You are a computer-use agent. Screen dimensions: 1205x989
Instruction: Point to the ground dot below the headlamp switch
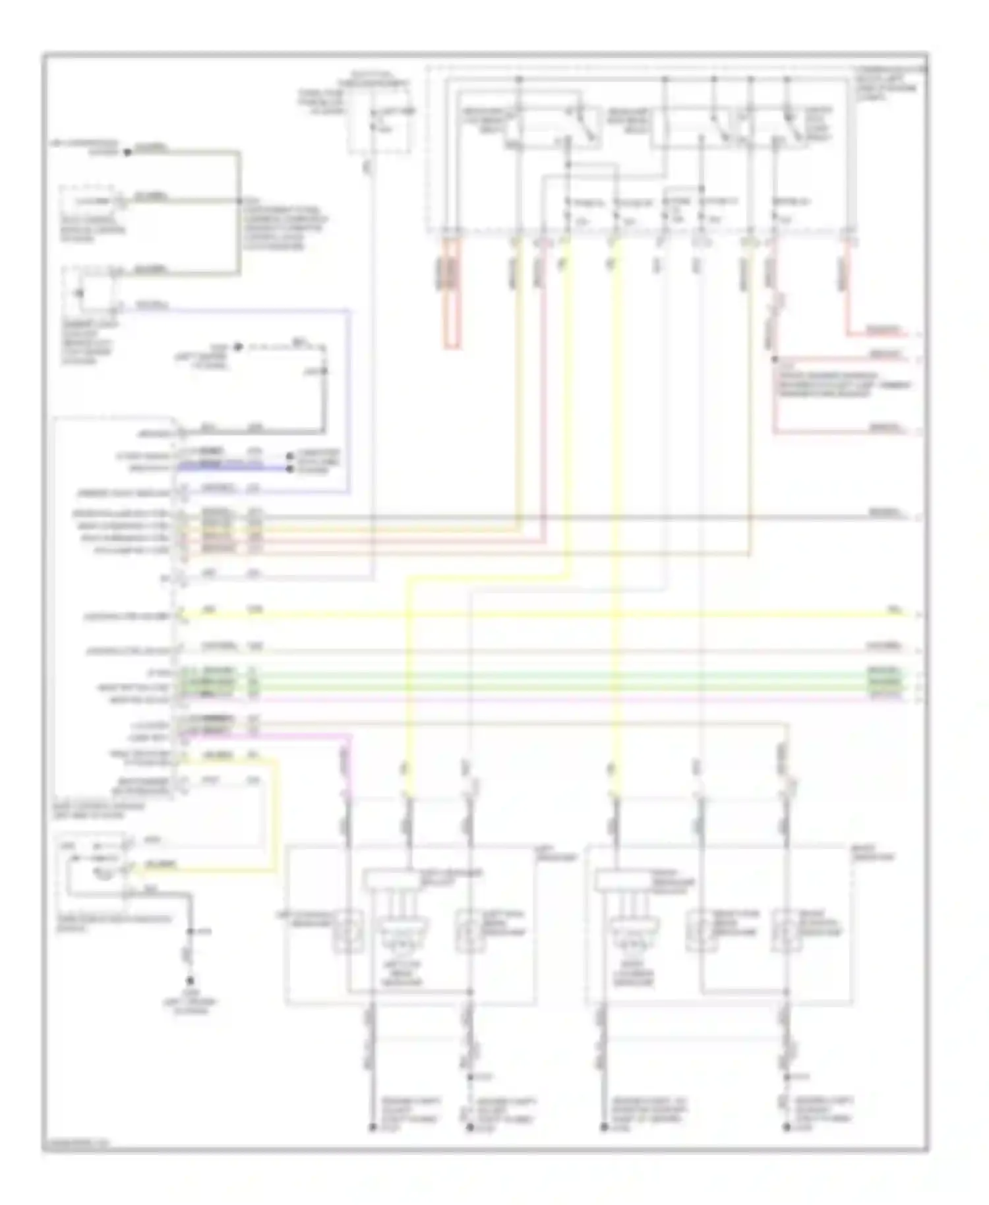191,980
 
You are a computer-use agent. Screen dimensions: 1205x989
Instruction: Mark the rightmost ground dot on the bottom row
786,1128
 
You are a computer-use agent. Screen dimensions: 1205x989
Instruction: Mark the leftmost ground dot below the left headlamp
371,1128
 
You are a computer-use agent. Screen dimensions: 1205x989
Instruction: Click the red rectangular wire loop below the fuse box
452,297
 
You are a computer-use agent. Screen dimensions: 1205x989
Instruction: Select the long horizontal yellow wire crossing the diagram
527,615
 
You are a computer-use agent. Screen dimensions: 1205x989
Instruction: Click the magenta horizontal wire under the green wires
527,697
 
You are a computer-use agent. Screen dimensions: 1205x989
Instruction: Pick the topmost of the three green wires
527,673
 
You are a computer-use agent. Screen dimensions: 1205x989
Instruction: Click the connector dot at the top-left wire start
129,152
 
